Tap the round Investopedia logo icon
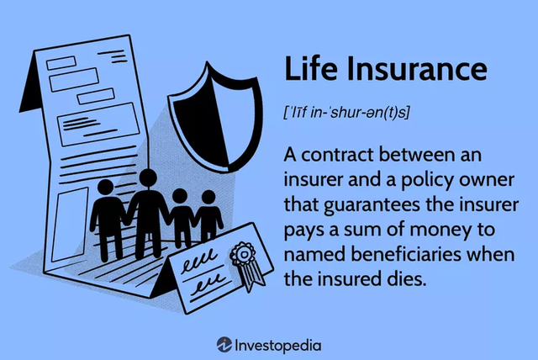coord(224,344)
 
